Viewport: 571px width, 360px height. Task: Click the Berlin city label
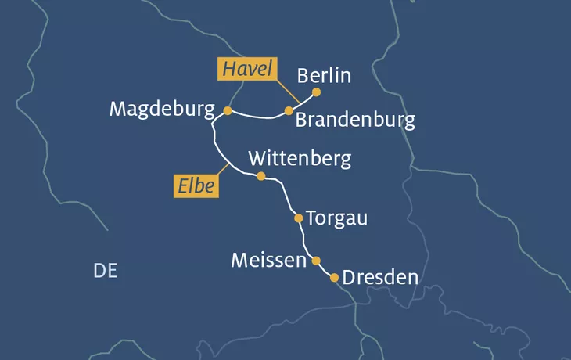[324, 76]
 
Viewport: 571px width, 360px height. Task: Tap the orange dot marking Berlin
[316, 92]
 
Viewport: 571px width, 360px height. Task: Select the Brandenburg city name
[354, 120]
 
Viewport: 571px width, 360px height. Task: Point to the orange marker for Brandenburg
[289, 111]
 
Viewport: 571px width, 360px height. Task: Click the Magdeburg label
[162, 109]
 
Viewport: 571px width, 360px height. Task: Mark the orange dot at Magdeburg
[228, 111]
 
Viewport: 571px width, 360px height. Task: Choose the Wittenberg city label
[300, 158]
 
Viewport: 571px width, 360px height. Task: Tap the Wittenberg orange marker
[261, 176]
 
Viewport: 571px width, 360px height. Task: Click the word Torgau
[336, 218]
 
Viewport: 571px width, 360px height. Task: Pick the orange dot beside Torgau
[298, 218]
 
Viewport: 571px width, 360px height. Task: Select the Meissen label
[268, 260]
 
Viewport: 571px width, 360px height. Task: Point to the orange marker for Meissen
[316, 261]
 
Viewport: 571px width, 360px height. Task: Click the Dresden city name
[380, 278]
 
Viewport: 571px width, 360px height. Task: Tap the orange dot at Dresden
[335, 278]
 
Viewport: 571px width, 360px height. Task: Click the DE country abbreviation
[105, 271]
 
